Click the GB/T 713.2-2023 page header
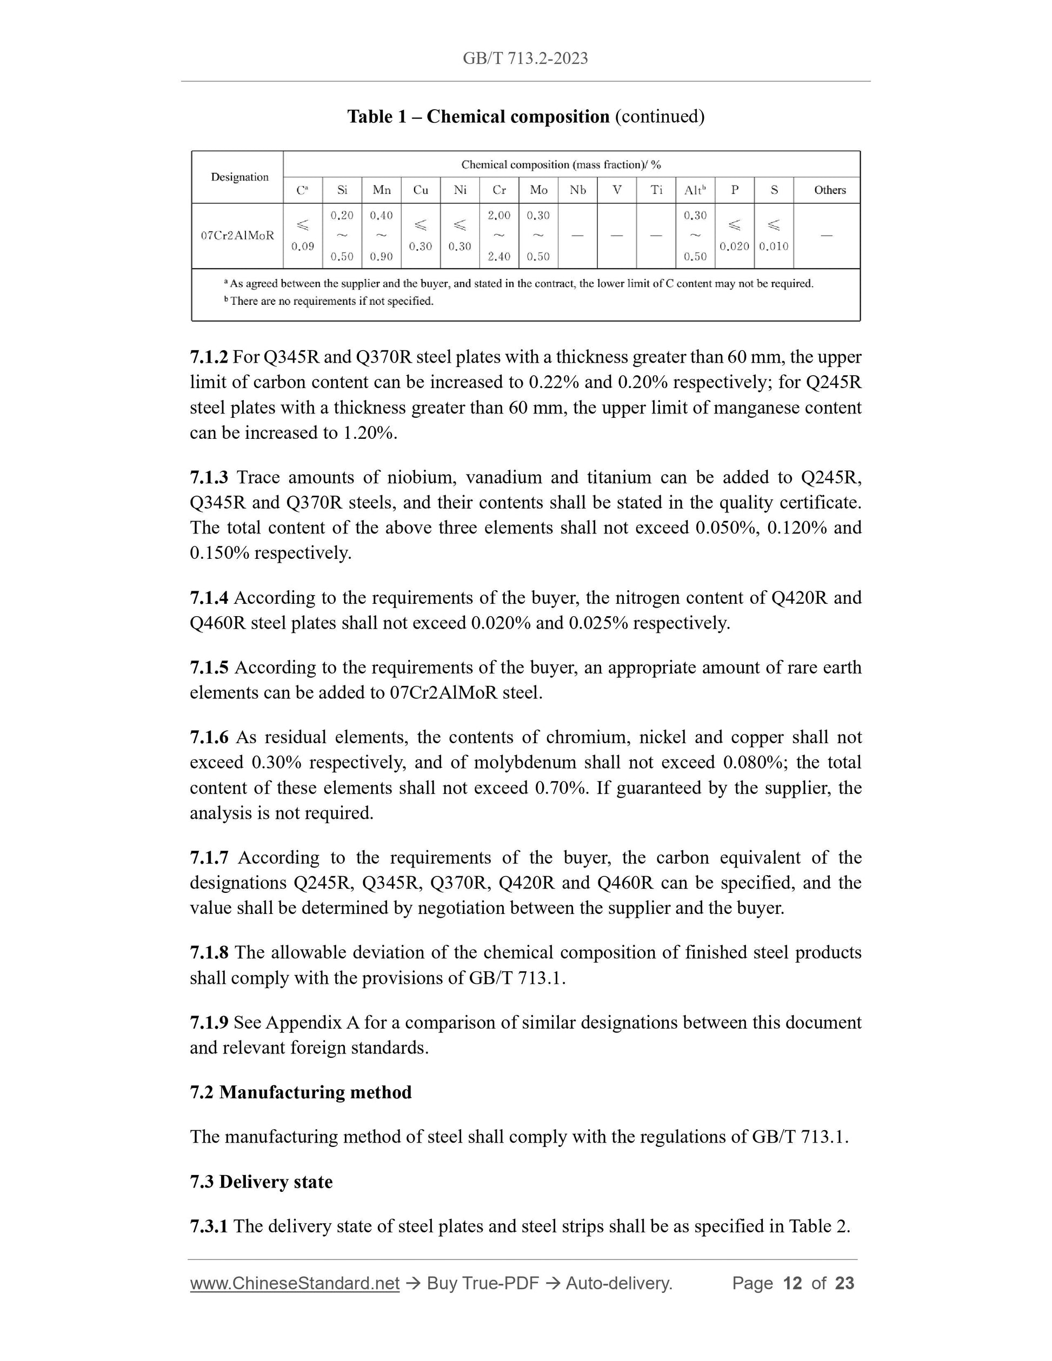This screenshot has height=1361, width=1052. click(x=525, y=58)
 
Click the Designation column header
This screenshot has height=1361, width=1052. click(x=239, y=177)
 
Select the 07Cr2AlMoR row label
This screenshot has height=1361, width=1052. click(x=237, y=236)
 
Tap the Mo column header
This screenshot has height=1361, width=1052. click(x=538, y=190)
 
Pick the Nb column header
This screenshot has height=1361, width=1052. click(x=578, y=190)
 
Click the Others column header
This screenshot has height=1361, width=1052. click(x=829, y=190)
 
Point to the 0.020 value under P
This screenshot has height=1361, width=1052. click(x=734, y=246)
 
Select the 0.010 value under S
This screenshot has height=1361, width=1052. click(x=774, y=246)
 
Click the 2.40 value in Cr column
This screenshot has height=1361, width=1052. click(x=499, y=256)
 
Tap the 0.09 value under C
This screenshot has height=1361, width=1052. click(x=303, y=246)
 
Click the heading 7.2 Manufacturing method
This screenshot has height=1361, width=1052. click(x=301, y=1092)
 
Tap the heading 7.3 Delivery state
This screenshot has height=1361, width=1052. click(x=261, y=1182)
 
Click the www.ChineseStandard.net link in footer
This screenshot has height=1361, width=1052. click(x=294, y=1283)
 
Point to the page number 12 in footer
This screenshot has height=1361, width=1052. click(x=792, y=1283)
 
